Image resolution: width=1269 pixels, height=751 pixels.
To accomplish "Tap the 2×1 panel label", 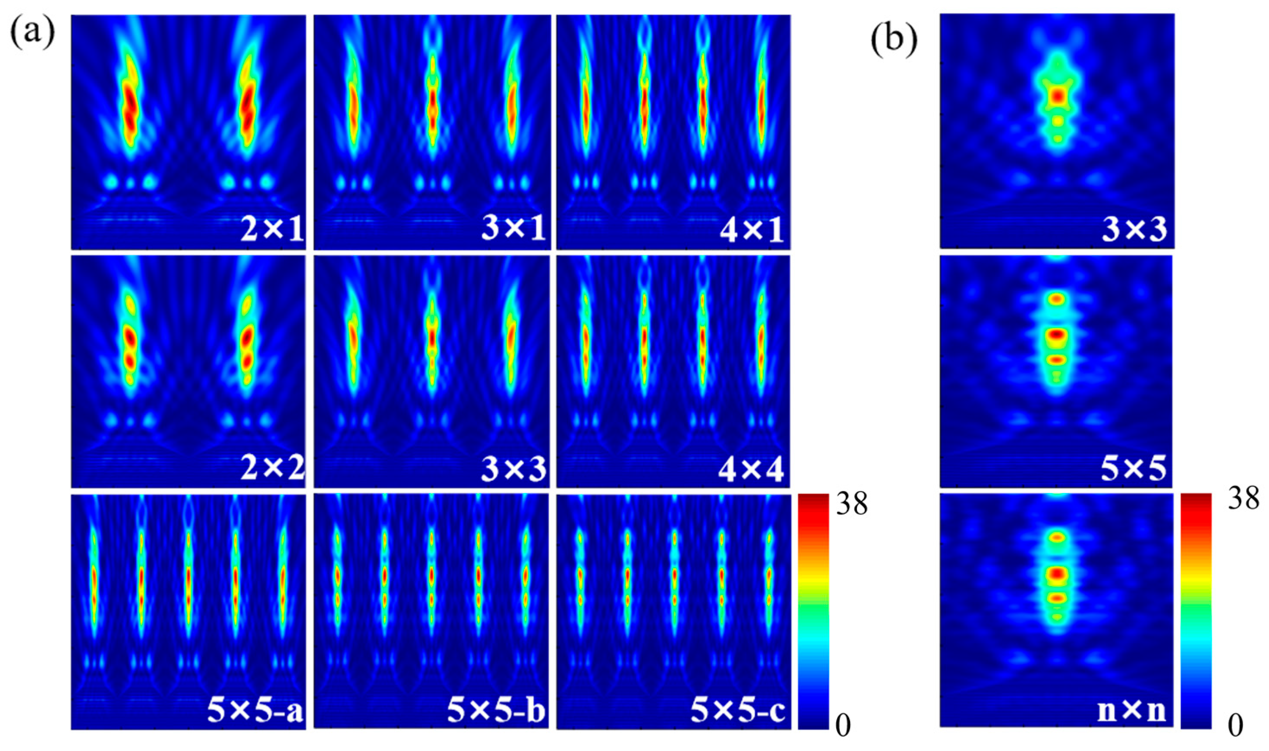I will coord(272,229).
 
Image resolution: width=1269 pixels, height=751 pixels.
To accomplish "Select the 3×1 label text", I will coord(514,229).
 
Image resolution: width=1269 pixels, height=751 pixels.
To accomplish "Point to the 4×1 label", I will coord(751,229).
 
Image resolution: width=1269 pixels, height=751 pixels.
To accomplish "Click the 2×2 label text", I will coord(272,468).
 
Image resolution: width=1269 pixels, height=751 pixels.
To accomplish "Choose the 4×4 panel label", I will coord(751,468).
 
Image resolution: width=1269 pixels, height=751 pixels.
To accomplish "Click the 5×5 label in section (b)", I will coord(1134,468).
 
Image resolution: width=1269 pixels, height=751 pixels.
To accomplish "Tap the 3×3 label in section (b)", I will coord(1134,229).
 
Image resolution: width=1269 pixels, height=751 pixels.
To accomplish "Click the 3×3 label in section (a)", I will coord(514,468).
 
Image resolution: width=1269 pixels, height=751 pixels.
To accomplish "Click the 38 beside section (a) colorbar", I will coord(851,505).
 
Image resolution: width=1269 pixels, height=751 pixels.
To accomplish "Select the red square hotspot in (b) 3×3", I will coord(1056,96).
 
